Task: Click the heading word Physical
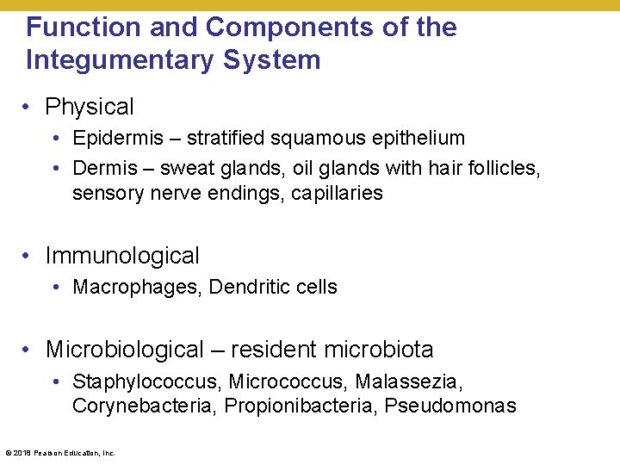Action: click(90, 107)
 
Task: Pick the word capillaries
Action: click(337, 193)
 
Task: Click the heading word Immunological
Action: click(122, 256)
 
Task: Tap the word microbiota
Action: click(379, 350)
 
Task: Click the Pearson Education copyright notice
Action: click(60, 452)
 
